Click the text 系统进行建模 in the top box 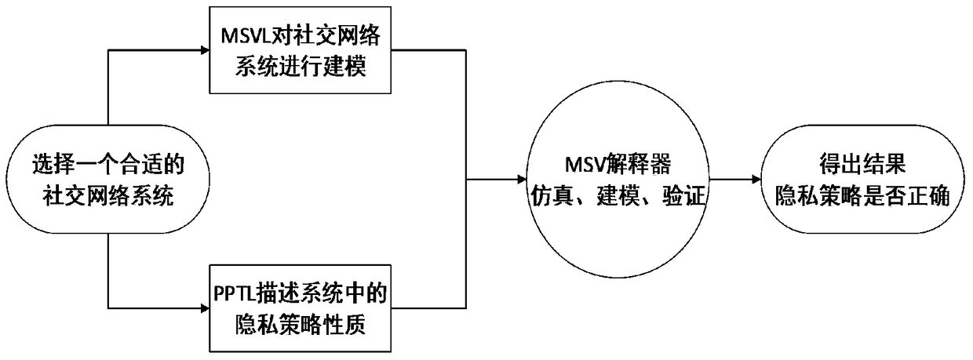tap(301, 67)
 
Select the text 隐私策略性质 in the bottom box tap(301, 323)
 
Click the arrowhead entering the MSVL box tap(205, 52)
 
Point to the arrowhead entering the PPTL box tap(205, 308)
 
